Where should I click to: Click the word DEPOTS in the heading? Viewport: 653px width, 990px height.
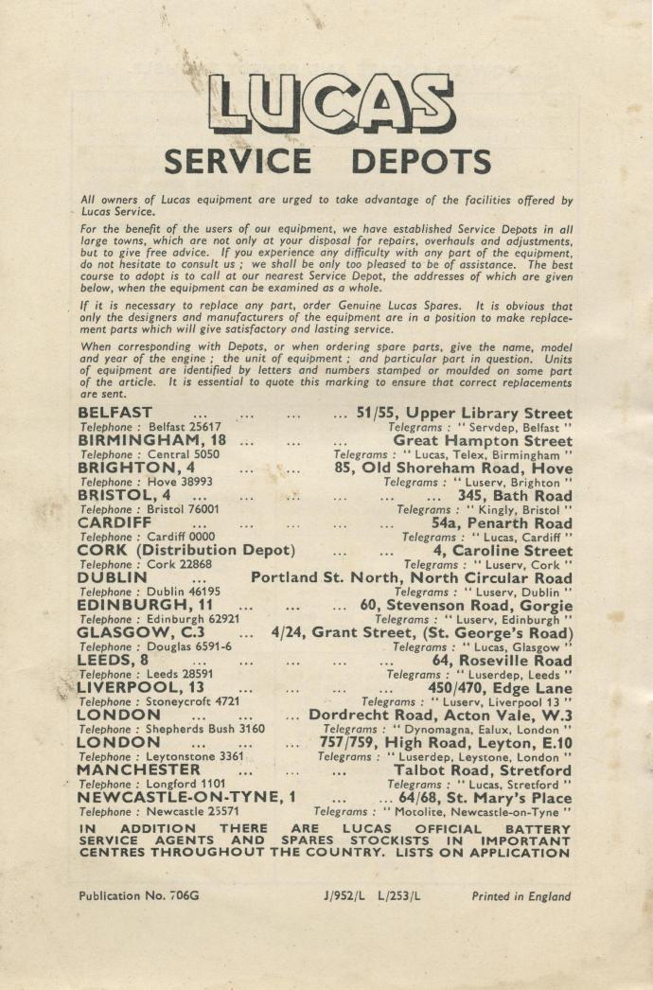[x=415, y=162]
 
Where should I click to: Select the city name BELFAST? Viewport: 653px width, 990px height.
[x=115, y=414]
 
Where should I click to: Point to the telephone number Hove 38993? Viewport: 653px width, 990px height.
[x=179, y=482]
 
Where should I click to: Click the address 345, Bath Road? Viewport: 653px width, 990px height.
[x=514, y=496]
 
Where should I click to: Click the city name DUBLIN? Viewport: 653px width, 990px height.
[x=112, y=578]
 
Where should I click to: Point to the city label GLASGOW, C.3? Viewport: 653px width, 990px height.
[x=141, y=633]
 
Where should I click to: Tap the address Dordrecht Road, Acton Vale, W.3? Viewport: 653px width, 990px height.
[x=440, y=716]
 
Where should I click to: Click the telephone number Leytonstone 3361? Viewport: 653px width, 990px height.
[x=195, y=757]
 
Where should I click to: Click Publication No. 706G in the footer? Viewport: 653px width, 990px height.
[x=140, y=895]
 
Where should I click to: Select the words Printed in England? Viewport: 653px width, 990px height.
[x=521, y=895]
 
